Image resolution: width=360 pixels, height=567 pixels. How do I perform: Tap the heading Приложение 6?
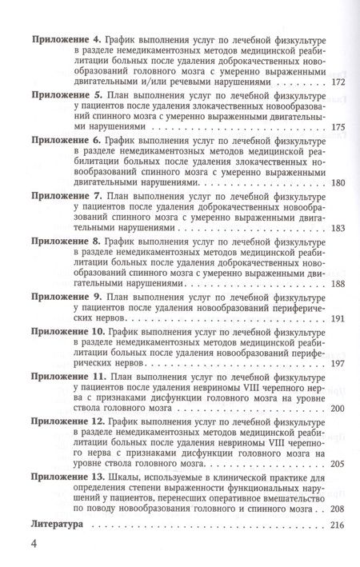65,138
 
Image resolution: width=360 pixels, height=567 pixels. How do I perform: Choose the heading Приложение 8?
65,239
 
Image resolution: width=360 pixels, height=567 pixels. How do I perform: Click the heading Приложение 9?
65,296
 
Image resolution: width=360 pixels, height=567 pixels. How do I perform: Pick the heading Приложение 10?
68,329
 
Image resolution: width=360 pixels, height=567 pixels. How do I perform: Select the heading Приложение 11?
68,374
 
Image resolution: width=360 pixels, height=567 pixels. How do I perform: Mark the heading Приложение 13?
68,476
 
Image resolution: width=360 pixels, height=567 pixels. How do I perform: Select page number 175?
338,126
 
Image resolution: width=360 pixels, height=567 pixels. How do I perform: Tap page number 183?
338,228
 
